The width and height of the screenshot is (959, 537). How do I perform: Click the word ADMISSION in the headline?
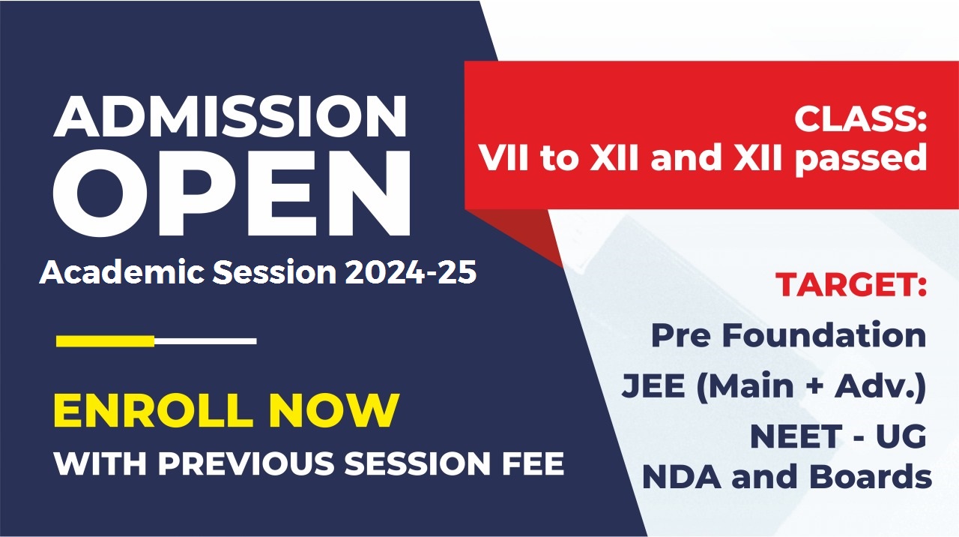[230, 116]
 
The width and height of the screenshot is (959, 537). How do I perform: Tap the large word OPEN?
[232, 193]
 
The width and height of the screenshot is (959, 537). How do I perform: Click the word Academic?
[122, 271]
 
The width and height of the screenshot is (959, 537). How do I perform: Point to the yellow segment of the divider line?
[106, 341]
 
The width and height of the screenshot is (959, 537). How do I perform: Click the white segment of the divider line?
[205, 341]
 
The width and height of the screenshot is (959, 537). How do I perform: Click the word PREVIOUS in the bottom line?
[246, 463]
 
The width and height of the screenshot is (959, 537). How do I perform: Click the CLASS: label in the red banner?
[861, 118]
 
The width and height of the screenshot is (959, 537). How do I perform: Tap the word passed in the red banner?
[861, 160]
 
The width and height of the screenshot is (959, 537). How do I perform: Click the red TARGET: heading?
[851, 284]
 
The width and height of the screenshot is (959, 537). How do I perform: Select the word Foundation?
[824, 334]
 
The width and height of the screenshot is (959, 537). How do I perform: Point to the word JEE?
[653, 385]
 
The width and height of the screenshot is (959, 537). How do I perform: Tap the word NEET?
[796, 436]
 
